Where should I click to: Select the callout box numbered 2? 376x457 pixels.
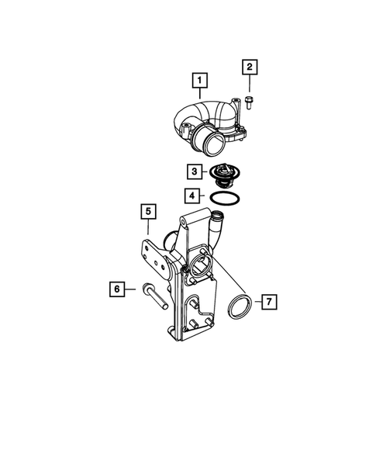point(250,67)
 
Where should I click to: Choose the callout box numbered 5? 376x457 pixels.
point(147,209)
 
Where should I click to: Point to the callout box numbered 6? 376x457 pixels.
point(116,289)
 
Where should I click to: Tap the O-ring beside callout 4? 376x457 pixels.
point(222,198)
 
